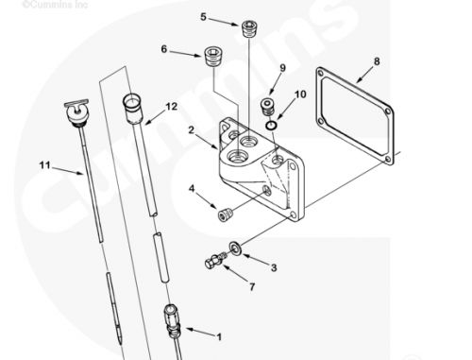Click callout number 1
click(x=220, y=335)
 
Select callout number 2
click(x=191, y=129)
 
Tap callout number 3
click(x=274, y=268)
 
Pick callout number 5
click(x=203, y=17)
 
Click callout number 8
click(x=377, y=62)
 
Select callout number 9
click(x=281, y=67)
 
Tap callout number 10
click(x=301, y=94)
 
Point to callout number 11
click(x=43, y=165)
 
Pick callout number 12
click(x=172, y=106)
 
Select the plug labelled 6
click(x=212, y=58)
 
